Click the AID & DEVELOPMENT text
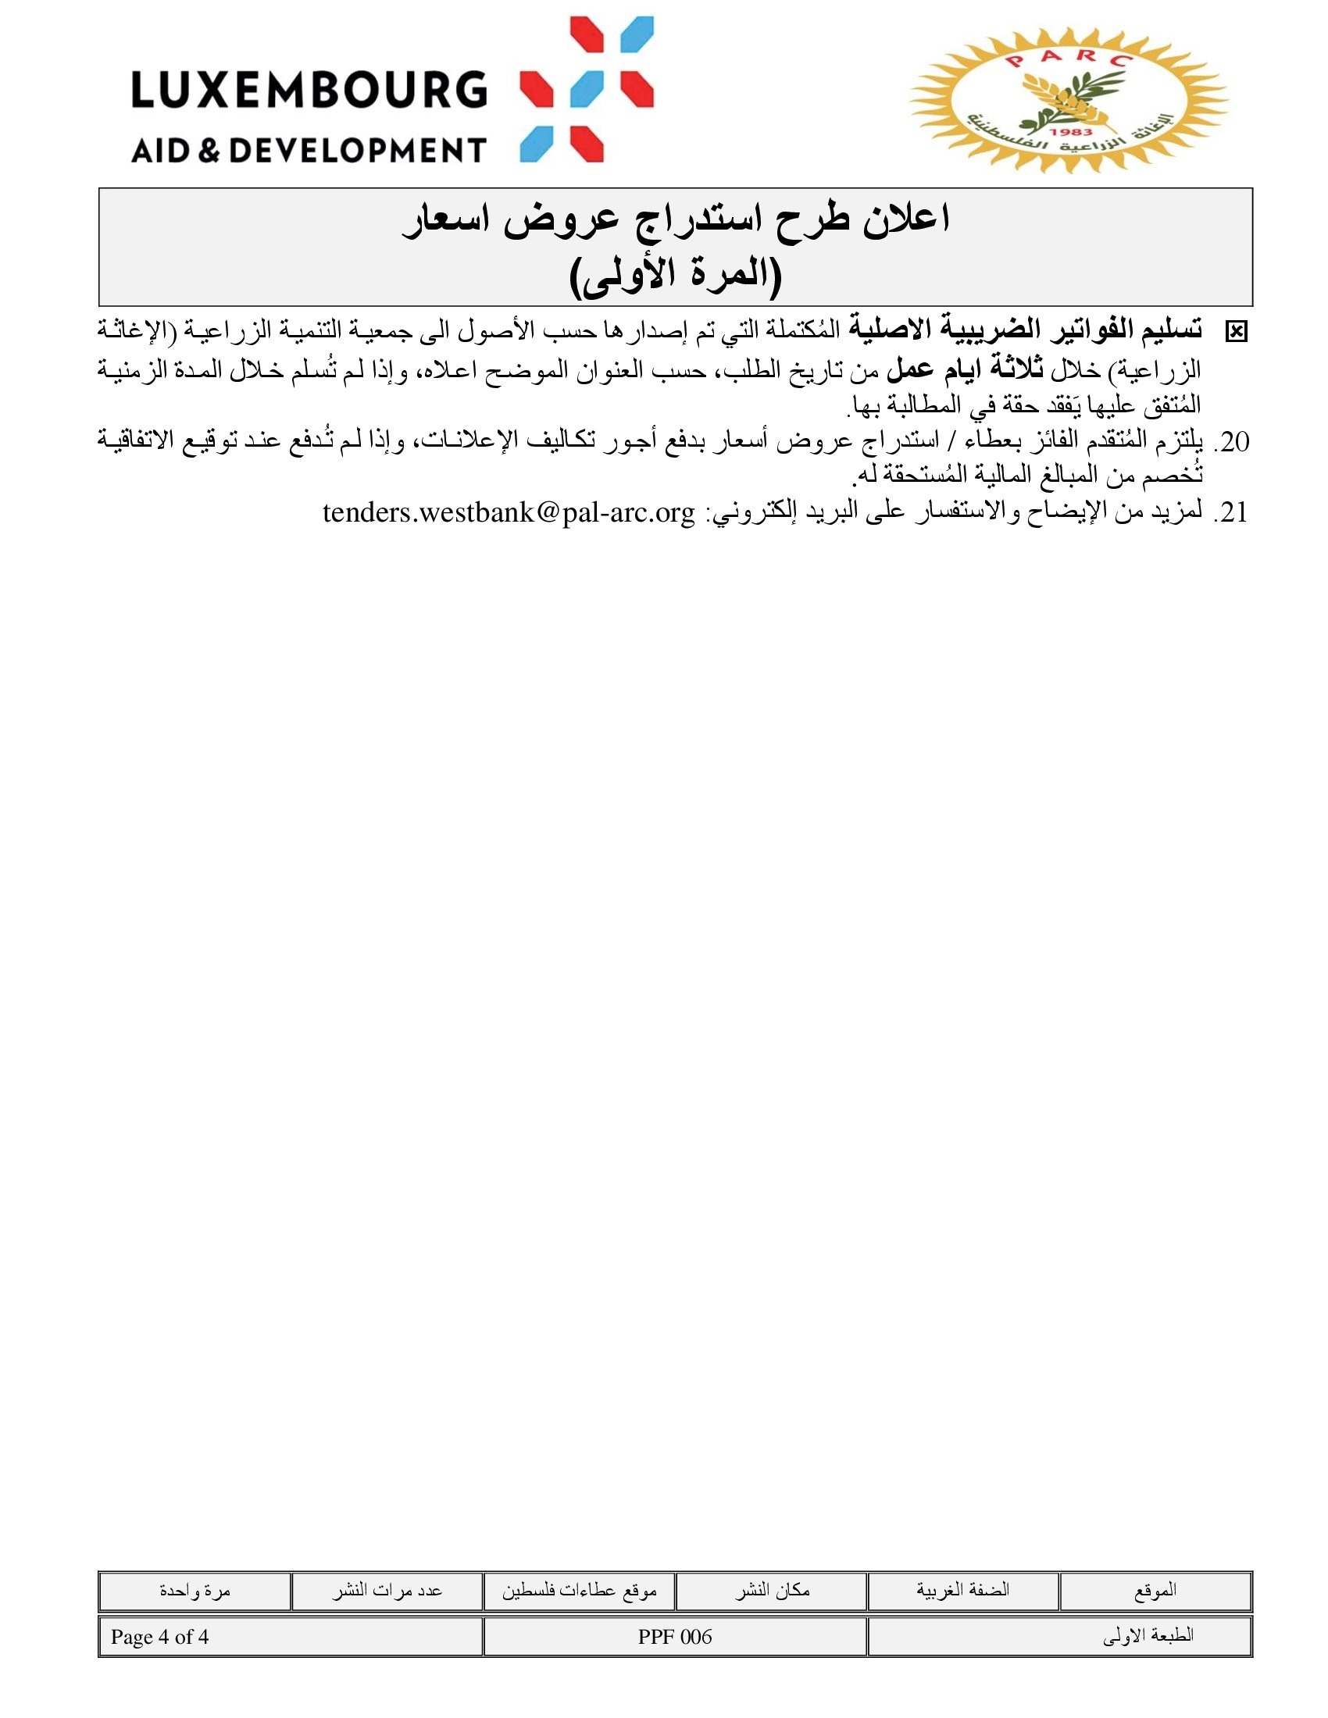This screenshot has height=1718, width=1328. [309, 149]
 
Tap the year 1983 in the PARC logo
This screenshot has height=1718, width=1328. [1071, 133]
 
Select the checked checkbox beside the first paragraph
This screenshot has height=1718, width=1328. [1236, 333]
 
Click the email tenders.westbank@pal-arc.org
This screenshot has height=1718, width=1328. [509, 513]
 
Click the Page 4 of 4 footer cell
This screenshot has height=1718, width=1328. [159, 1637]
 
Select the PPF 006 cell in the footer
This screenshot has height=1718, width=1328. [674, 1637]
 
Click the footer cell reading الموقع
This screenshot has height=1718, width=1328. [1155, 1590]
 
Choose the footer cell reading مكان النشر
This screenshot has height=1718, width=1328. [772, 1590]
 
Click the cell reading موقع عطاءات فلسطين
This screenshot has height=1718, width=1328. [579, 1590]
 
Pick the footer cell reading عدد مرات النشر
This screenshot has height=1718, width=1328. [386, 1590]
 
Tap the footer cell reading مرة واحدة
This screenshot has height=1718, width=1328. [195, 1590]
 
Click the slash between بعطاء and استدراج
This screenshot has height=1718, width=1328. [953, 442]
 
